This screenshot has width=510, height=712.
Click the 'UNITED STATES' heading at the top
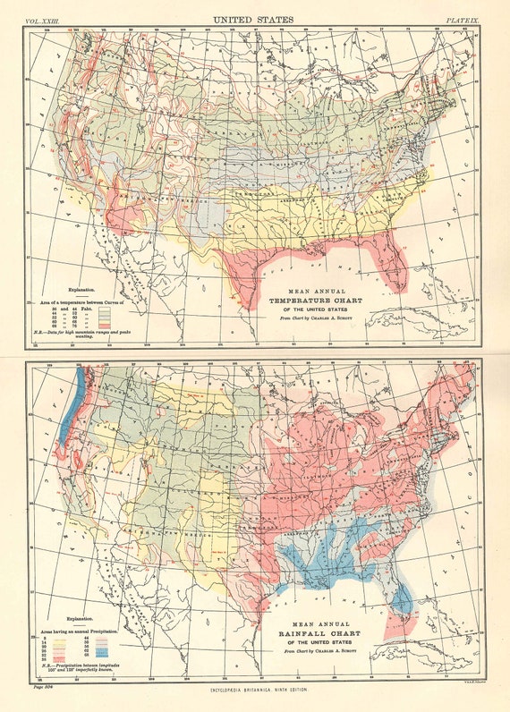click(254, 18)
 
